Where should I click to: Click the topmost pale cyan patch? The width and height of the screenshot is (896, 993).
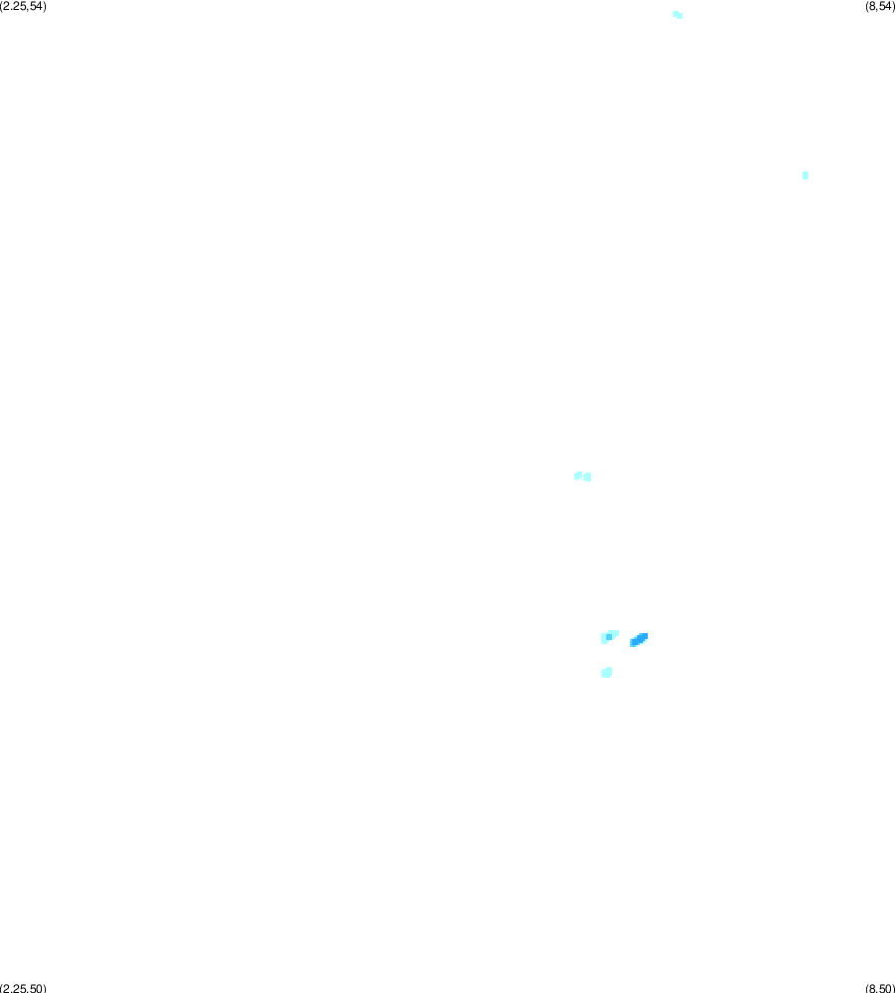tap(678, 15)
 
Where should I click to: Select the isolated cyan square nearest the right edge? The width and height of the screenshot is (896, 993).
tap(805, 175)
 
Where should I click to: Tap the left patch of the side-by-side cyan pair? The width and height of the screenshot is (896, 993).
tap(578, 476)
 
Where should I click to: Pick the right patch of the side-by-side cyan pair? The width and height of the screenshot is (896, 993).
tap(588, 477)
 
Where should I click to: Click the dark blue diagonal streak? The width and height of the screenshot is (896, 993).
tap(639, 640)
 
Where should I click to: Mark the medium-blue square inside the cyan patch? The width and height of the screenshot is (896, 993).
tap(609, 637)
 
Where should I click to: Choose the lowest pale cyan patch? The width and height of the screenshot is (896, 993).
tap(607, 673)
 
